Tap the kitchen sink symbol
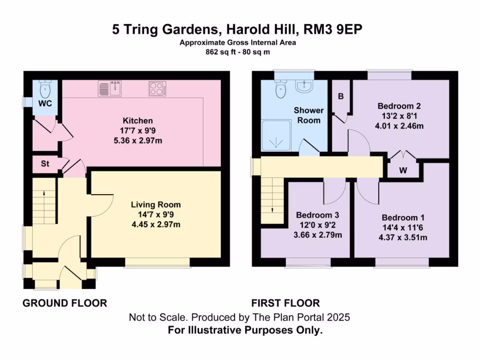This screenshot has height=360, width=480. tap(110, 88)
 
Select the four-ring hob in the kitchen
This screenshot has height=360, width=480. tap(158, 88)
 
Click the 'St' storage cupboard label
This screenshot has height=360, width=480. tap(45, 164)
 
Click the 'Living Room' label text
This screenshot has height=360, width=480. tap(155, 205)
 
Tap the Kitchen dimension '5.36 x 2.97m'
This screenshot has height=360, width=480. tap(138, 141)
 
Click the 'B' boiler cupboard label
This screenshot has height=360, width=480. tap(341, 97)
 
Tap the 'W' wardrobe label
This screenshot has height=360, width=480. tap(403, 171)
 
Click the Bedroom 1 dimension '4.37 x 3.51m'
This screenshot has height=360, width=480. tap(403, 237)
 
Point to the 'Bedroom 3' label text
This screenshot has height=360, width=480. tap(317, 215)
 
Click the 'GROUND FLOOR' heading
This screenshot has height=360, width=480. tap(65, 303)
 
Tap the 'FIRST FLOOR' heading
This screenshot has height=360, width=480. tap(285, 303)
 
